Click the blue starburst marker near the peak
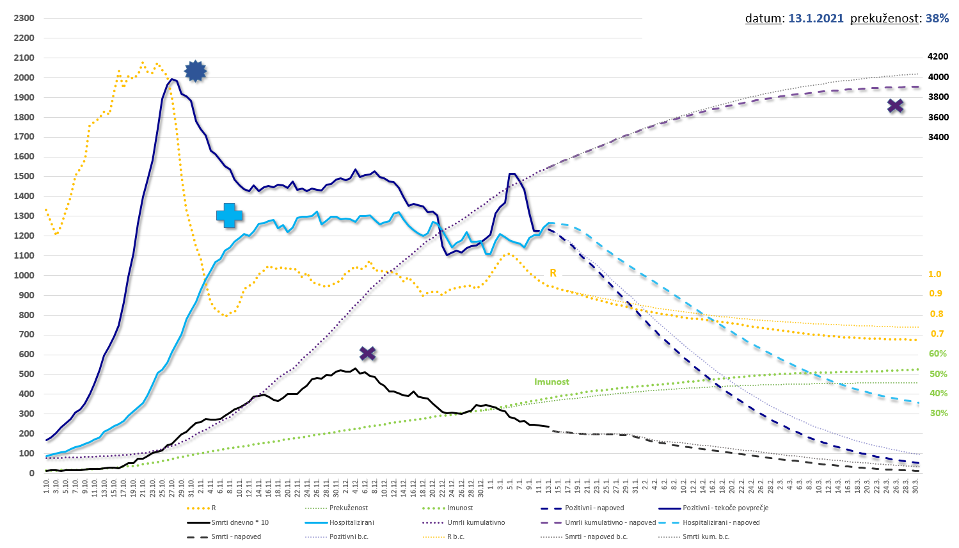[196, 71]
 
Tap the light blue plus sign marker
[229, 216]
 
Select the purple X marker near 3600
[896, 106]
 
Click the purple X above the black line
[367, 353]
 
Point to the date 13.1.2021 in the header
[816, 19]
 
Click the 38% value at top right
[937, 19]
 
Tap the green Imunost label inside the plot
[551, 382]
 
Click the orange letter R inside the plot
[553, 273]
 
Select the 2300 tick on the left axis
[24, 18]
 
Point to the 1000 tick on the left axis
[24, 275]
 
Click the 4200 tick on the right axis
[939, 57]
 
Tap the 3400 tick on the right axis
[939, 137]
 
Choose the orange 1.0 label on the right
[935, 274]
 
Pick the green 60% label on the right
[938, 353]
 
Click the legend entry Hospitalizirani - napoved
[721, 522]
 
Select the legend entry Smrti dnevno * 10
[240, 522]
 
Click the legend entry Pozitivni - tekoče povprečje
[725, 508]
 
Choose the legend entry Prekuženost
[349, 508]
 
